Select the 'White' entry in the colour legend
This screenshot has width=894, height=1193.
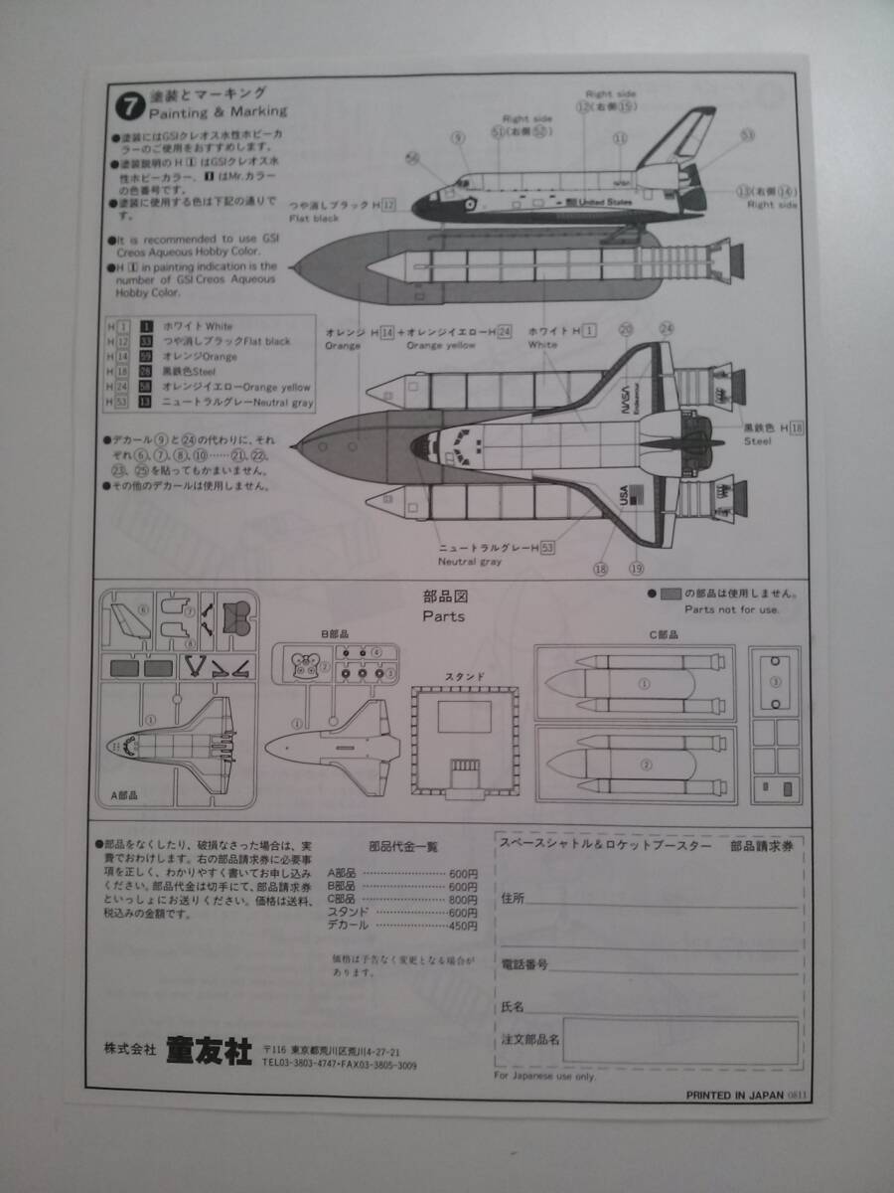(205, 325)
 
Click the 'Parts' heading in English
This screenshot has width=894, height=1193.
(443, 615)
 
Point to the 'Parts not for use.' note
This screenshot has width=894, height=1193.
(732, 609)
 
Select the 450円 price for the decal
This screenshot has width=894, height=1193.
(462, 925)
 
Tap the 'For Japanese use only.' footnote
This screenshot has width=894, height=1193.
(544, 1076)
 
